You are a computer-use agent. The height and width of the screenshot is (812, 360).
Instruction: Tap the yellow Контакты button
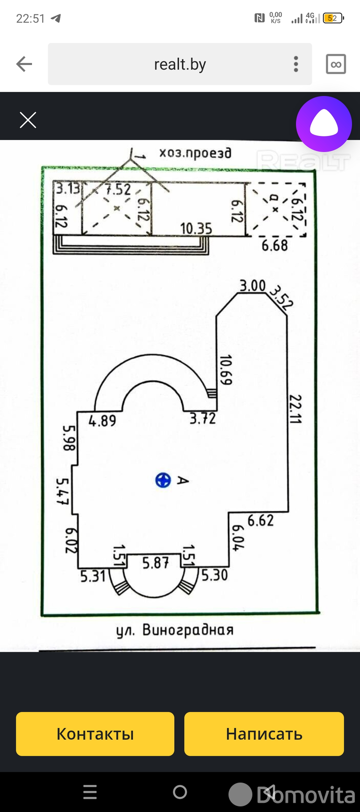coord(95,734)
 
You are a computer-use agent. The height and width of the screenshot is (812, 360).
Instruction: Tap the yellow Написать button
coord(264,734)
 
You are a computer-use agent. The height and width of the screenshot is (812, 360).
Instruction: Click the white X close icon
coord(28,120)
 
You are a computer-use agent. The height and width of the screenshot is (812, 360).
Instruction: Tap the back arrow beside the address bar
coord(24,64)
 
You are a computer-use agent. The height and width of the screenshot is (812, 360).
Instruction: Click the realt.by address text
coord(180,64)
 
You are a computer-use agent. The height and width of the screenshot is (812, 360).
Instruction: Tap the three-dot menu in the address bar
coord(296,64)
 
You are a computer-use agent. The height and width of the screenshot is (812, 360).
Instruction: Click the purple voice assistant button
coord(324,124)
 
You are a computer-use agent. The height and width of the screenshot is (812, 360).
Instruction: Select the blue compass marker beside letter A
coord(163,480)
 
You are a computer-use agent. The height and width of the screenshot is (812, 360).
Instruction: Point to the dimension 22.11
coord(295,409)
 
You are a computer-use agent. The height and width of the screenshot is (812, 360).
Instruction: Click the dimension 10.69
coord(226,370)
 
